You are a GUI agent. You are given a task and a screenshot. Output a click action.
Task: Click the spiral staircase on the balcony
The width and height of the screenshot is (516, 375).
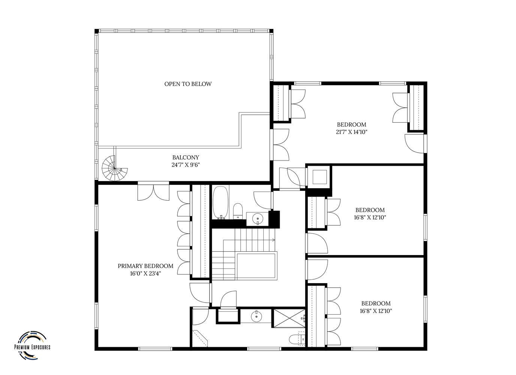115,168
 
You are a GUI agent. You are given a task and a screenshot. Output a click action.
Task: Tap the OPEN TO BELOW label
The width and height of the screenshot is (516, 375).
188,84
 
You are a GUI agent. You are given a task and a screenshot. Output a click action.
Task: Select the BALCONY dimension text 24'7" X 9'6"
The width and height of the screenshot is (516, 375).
185,165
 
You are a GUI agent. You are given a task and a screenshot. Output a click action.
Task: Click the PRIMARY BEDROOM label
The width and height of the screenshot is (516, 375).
145,266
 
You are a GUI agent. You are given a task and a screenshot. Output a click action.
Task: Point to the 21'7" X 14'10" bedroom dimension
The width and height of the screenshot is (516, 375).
351,132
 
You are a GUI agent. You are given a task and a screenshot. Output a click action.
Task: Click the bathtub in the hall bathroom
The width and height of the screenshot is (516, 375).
220,202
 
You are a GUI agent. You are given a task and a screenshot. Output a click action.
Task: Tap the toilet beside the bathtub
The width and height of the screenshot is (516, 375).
238,211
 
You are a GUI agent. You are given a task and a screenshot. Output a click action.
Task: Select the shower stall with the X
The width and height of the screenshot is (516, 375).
289,318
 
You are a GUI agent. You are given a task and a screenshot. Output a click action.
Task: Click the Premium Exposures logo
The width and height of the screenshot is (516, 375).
33,345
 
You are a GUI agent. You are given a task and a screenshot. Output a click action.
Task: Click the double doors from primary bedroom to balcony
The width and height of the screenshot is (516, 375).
153,192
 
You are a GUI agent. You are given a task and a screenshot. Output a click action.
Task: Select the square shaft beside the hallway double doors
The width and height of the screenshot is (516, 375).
319,177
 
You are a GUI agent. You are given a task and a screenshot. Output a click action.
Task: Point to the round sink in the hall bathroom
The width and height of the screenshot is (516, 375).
257,218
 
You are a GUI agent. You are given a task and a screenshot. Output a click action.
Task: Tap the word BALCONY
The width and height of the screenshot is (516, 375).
186,157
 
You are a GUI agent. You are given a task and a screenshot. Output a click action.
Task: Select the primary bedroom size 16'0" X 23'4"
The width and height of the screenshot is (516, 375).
145,274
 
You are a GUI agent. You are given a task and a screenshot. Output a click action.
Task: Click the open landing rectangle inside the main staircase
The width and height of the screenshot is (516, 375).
256,266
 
